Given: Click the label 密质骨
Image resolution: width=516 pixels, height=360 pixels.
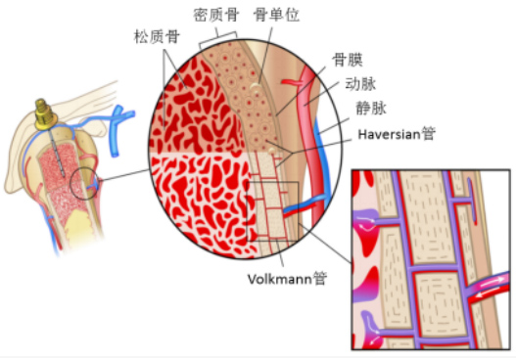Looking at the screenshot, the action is [x=215, y=15].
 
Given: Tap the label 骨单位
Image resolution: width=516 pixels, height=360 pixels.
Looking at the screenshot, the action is [x=276, y=15].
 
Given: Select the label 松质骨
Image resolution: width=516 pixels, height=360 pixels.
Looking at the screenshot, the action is [x=157, y=36].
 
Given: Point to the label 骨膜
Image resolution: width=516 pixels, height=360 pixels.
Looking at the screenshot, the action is [x=348, y=61].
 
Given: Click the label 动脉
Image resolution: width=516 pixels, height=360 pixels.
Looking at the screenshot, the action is [x=360, y=84].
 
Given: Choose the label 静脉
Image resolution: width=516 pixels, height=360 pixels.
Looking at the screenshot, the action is [x=371, y=109].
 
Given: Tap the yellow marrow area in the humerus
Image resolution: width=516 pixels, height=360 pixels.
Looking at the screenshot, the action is [x=78, y=228].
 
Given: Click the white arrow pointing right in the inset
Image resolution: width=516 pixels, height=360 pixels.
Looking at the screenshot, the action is [x=494, y=281].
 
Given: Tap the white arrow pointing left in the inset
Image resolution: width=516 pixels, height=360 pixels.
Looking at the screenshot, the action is [x=488, y=294].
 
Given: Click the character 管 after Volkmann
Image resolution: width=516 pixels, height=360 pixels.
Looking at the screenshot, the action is [x=319, y=279].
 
